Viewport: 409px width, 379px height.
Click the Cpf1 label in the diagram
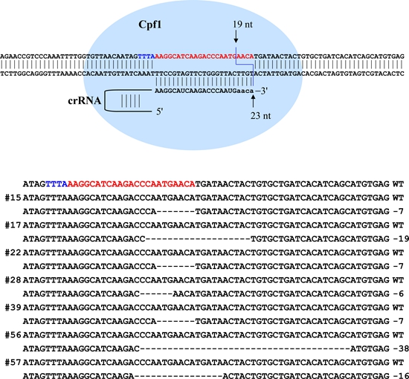[x=150, y=25]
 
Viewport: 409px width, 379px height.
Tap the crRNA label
[x=85, y=100]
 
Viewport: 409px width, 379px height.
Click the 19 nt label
[x=242, y=25]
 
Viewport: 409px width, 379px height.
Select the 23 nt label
[x=260, y=115]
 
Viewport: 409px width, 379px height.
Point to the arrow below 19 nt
[x=236, y=36]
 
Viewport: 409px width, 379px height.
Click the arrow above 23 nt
[x=253, y=101]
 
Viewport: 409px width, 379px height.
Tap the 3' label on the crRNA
[x=261, y=91]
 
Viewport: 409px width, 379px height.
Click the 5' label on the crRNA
[x=159, y=111]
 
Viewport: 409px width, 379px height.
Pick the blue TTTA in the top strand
[x=146, y=56]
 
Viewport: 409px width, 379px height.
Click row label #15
[x=13, y=198]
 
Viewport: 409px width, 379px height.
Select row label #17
[x=13, y=225]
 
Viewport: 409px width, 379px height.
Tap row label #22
[x=13, y=253]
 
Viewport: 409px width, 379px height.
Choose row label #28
[x=13, y=280]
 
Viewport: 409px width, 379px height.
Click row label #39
[x=13, y=308]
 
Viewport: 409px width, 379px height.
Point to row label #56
[x=13, y=335]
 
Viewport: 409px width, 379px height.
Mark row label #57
[x=13, y=363]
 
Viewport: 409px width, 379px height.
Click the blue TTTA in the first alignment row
[x=57, y=184]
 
